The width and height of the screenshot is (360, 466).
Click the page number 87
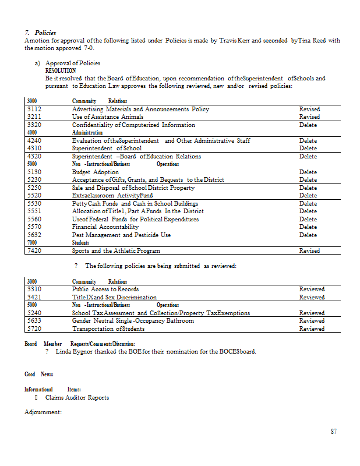tap(333, 432)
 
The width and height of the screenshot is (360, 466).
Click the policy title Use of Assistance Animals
tap(107, 117)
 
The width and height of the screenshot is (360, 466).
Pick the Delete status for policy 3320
tap(308, 125)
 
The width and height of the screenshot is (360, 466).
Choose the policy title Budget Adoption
tap(95, 172)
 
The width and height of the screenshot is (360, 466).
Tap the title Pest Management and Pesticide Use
tap(121, 235)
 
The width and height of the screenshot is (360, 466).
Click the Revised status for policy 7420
tap(309, 250)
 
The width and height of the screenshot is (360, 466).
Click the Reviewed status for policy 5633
tap(312, 320)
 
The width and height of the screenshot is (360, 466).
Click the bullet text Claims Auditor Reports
tap(77, 398)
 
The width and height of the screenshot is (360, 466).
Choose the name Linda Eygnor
tap(75, 352)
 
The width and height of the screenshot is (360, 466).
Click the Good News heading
tap(39, 374)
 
